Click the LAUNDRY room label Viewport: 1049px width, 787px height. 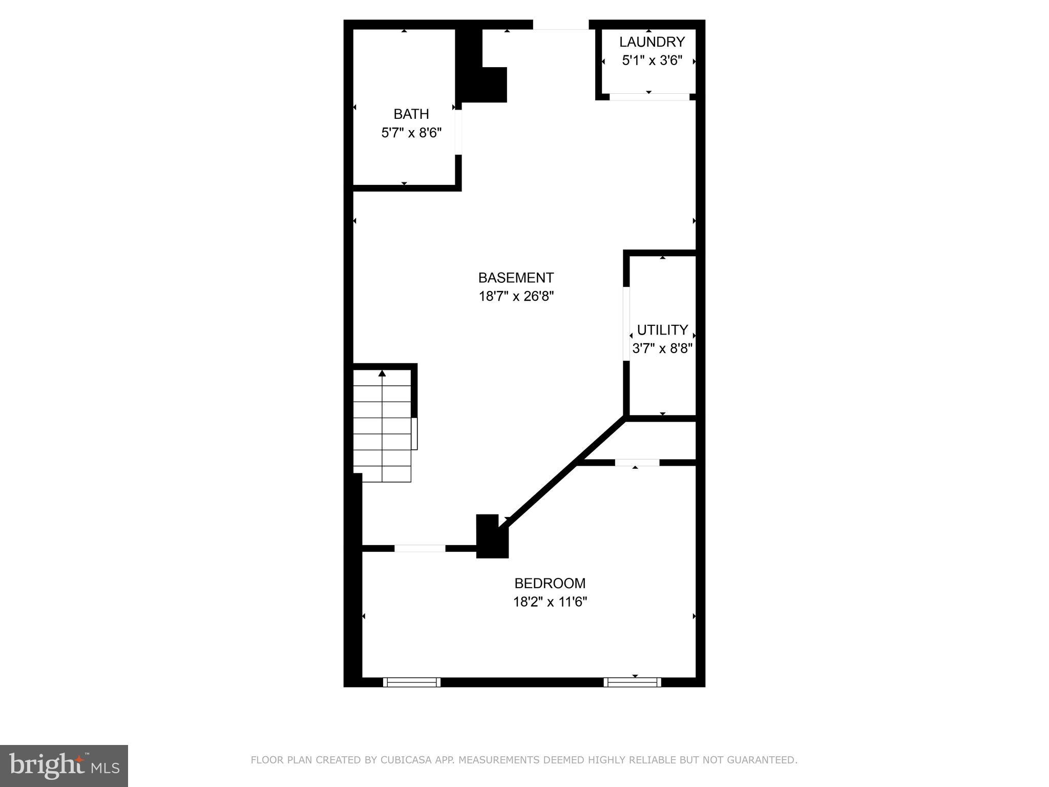coord(652,42)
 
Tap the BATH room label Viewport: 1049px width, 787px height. coord(411,114)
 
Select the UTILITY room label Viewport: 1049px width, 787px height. coord(662,329)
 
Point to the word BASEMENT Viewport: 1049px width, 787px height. coord(516,278)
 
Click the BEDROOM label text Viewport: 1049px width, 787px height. coord(550,583)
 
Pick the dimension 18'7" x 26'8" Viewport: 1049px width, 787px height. coord(516,296)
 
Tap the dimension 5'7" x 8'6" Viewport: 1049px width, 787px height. coord(411,133)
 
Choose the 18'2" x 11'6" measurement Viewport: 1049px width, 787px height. coord(550,602)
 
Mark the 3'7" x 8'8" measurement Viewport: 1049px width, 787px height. coord(662,349)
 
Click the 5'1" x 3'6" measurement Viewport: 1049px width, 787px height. coord(652,60)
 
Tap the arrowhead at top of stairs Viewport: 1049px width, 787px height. coord(382,373)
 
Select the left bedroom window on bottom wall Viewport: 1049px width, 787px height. coord(412,682)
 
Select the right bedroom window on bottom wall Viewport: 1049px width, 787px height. coord(632,682)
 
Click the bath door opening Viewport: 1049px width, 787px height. coord(458,132)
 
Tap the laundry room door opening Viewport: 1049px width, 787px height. coord(649,96)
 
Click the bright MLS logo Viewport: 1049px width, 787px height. coord(64,766)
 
